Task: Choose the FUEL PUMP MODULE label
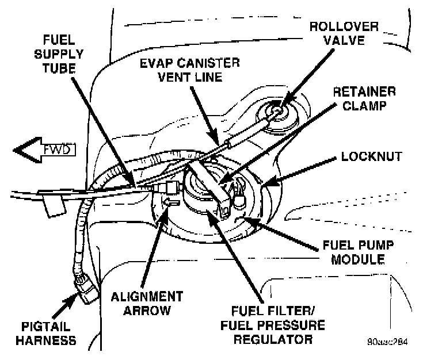point(353,252)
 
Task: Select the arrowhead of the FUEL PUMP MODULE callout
point(245,219)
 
